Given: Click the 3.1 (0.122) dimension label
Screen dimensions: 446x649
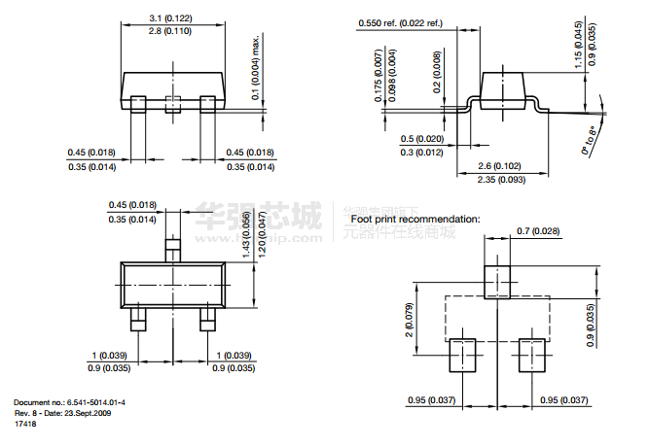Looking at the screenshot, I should pyautogui.click(x=171, y=18).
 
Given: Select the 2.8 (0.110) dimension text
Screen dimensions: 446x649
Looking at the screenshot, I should pyautogui.click(x=171, y=33).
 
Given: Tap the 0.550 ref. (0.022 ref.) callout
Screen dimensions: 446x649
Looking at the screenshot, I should pyautogui.click(x=400, y=22).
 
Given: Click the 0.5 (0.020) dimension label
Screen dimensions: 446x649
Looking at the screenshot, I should pyautogui.click(x=423, y=138).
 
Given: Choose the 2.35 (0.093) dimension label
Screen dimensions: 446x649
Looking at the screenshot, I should pyautogui.click(x=501, y=180).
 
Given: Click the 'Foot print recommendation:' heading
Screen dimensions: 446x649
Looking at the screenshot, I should pyautogui.click(x=415, y=219).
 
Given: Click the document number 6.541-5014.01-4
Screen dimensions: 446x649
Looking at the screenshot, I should pyautogui.click(x=95, y=401).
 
